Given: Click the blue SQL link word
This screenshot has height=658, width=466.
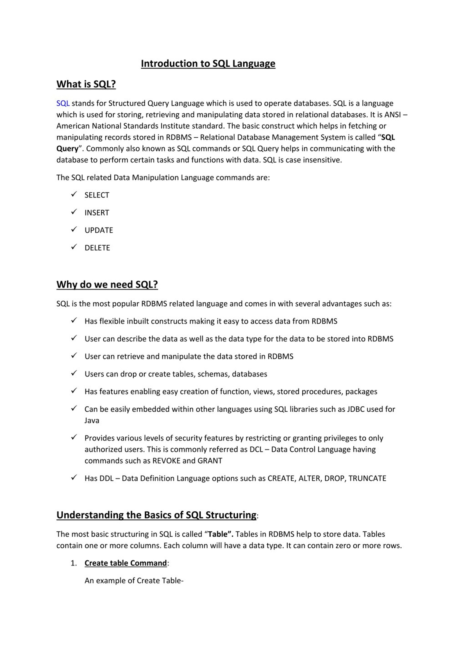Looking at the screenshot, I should pos(63,103).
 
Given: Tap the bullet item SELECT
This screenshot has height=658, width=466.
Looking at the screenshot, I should pos(97,195).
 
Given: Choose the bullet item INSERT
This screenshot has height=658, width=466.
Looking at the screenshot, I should pos(97,213).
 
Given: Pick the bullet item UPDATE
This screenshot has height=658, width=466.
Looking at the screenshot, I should pos(99,230).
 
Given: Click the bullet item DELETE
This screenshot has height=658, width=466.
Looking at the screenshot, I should pos(97,248).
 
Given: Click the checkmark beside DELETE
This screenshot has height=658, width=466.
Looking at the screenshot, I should pos(74,247).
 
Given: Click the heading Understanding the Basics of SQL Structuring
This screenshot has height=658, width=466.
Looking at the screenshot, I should pos(156,515).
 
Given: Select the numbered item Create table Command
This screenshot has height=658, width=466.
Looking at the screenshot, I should pos(126,563).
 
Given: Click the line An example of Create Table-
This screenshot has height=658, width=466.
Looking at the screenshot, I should pos(134,580).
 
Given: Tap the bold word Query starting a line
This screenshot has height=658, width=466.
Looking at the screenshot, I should pos(67,149).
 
